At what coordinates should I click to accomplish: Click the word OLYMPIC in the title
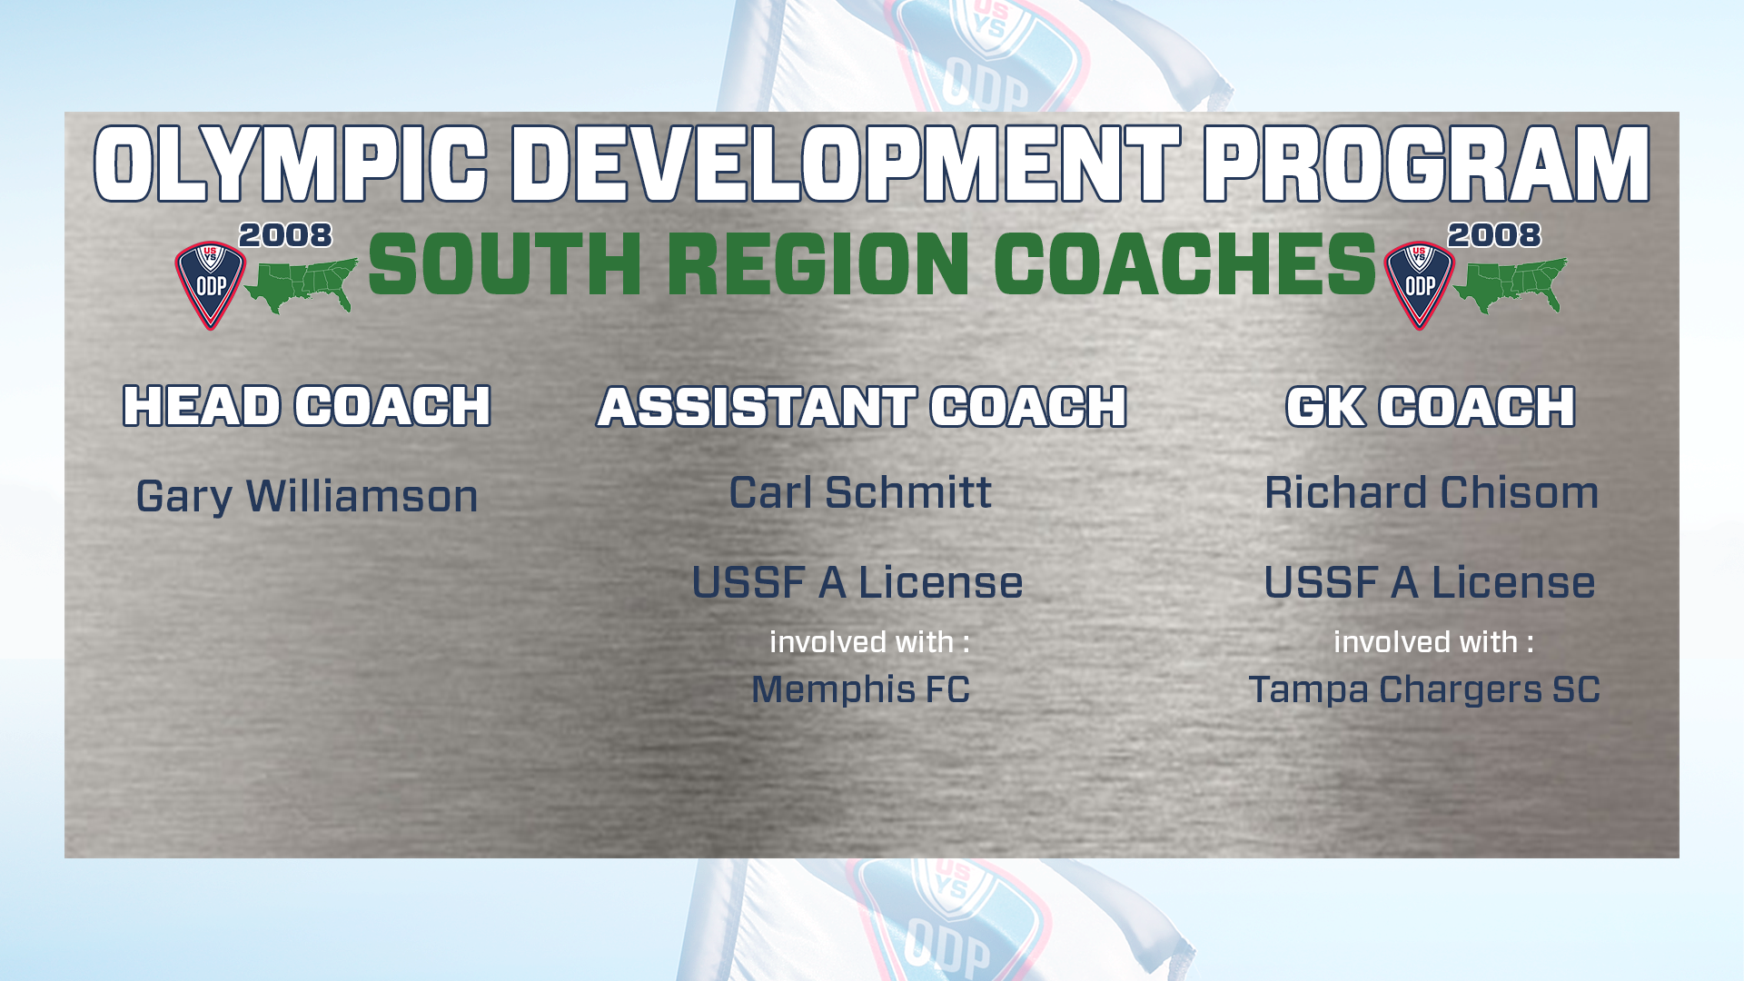click(291, 164)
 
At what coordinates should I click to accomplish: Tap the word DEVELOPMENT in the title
click(846, 164)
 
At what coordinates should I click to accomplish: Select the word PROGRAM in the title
click(1427, 164)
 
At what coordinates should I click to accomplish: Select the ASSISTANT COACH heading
click(862, 406)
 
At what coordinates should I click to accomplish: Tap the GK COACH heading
click(1431, 406)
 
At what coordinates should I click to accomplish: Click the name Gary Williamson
click(307, 497)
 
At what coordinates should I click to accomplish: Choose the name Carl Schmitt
click(860, 492)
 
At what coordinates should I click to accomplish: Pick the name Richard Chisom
click(1432, 492)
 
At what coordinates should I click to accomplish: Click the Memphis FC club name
click(860, 689)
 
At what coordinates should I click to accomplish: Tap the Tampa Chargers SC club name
click(1424, 689)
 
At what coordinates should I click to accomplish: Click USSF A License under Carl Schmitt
click(857, 582)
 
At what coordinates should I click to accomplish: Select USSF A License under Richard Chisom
click(1430, 582)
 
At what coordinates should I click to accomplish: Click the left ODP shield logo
click(211, 284)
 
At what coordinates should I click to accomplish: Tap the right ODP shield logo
click(1420, 284)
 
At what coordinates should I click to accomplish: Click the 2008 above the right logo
click(1494, 235)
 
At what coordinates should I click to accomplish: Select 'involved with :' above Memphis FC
click(870, 642)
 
